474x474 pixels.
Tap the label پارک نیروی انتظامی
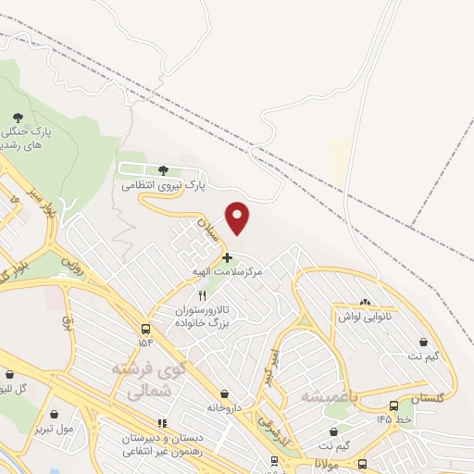[163, 186]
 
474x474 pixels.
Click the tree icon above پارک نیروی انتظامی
[164, 170]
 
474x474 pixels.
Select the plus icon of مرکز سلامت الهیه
[227, 256]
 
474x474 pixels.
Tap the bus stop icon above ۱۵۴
[146, 329]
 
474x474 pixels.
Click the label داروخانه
[225, 407]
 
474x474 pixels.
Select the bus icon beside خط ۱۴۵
[394, 405]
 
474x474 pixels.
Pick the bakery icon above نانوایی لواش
[364, 302]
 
